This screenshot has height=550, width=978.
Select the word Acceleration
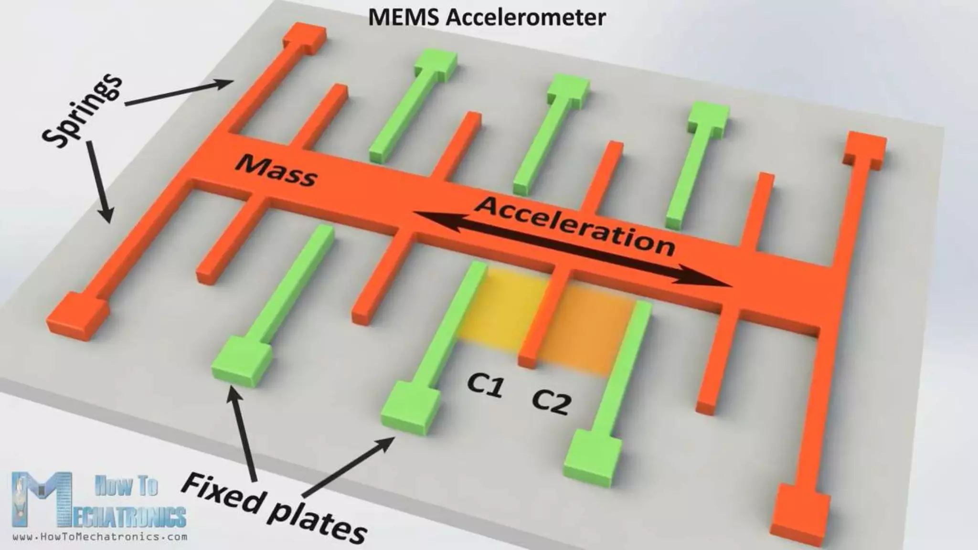point(575,226)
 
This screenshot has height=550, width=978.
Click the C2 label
point(551,402)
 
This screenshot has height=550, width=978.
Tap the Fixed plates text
point(274,507)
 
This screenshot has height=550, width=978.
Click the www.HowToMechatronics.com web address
point(100,537)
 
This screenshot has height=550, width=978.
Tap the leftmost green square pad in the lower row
point(241,360)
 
